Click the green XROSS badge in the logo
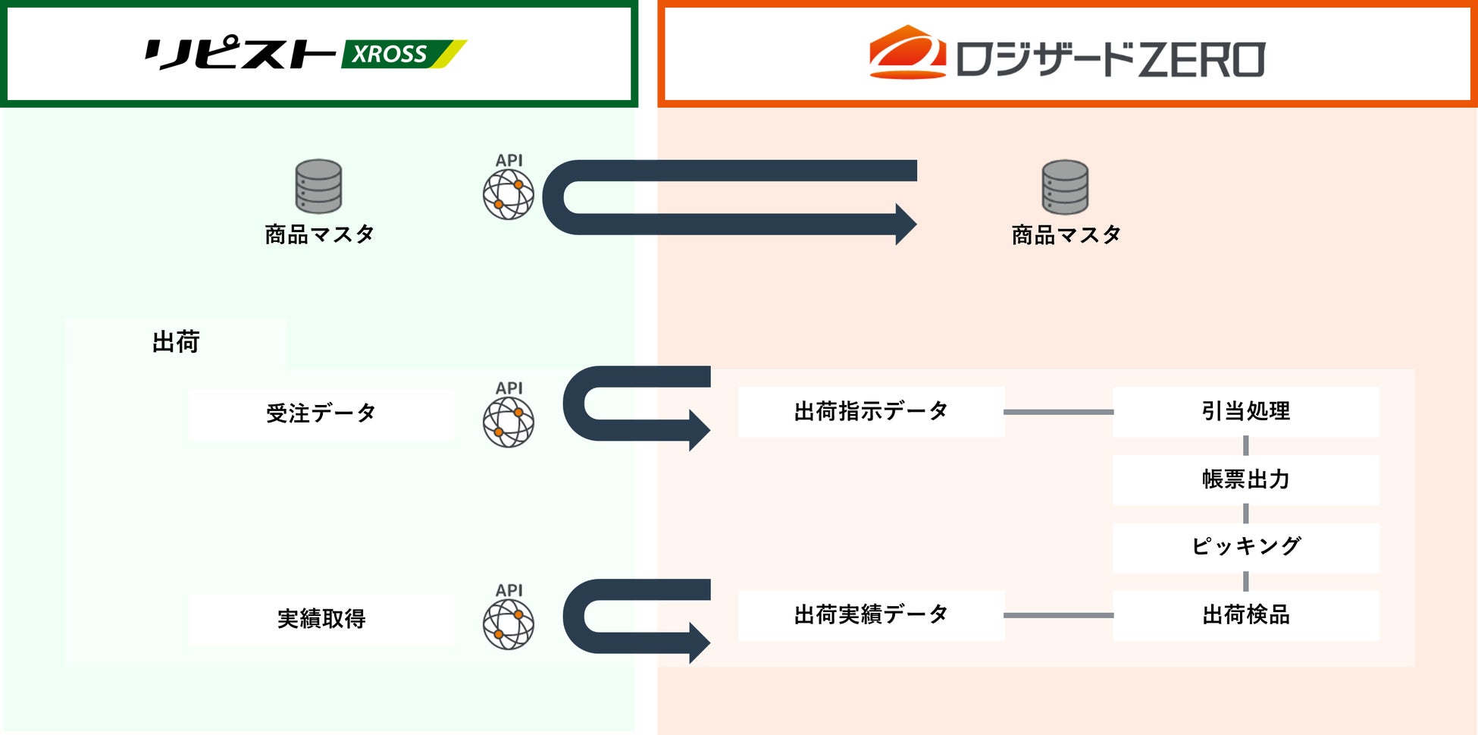click(x=402, y=54)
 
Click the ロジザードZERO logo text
click(x=1110, y=60)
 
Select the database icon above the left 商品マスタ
click(x=318, y=186)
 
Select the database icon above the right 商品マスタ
click(x=1065, y=187)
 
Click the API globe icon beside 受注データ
click(x=509, y=422)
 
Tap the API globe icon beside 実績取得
click(x=509, y=624)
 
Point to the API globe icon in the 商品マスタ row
click(x=509, y=194)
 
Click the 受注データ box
click(x=321, y=414)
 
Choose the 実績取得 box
click(x=321, y=619)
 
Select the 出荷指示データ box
click(x=872, y=412)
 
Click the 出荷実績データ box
click(x=872, y=615)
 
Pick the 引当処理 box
click(x=1246, y=412)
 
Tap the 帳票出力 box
click(x=1246, y=479)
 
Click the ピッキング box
click(x=1246, y=547)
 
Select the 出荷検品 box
click(x=1246, y=615)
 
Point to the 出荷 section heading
click(x=176, y=342)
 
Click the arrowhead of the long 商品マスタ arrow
click(x=907, y=224)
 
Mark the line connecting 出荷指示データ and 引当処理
click(x=1059, y=412)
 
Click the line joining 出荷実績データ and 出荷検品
click(x=1059, y=615)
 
